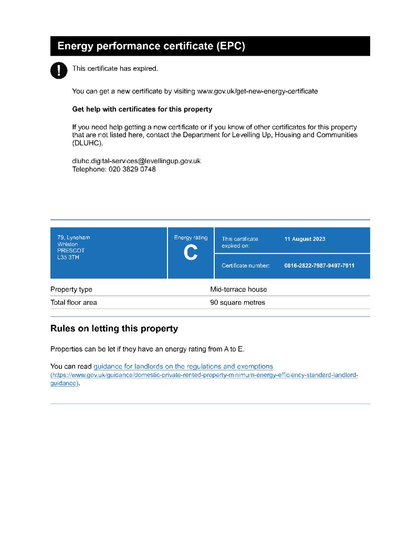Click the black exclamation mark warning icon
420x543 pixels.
(x=59, y=70)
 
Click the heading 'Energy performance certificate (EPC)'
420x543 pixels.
(x=151, y=46)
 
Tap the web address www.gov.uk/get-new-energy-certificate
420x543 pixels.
(x=257, y=91)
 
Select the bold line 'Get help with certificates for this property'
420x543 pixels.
(x=142, y=110)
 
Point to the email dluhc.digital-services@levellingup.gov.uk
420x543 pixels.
(x=136, y=161)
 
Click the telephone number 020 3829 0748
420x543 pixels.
(x=132, y=169)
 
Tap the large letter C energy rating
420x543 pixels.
(x=191, y=253)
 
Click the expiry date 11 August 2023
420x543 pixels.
(x=304, y=239)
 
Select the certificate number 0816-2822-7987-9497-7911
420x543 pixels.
(x=319, y=265)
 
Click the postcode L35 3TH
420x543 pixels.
(x=68, y=258)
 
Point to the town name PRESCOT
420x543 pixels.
(x=71, y=251)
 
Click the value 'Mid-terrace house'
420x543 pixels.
(x=238, y=289)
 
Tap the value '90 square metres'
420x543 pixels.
(x=237, y=303)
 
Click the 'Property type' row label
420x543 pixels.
(x=71, y=289)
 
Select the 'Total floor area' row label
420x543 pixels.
(x=73, y=303)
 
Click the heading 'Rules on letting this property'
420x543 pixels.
(x=114, y=329)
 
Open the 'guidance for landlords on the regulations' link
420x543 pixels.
(x=183, y=367)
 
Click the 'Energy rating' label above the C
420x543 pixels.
(x=191, y=238)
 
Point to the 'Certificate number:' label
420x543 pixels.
(x=245, y=265)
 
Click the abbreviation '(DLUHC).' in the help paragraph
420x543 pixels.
(x=88, y=143)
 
